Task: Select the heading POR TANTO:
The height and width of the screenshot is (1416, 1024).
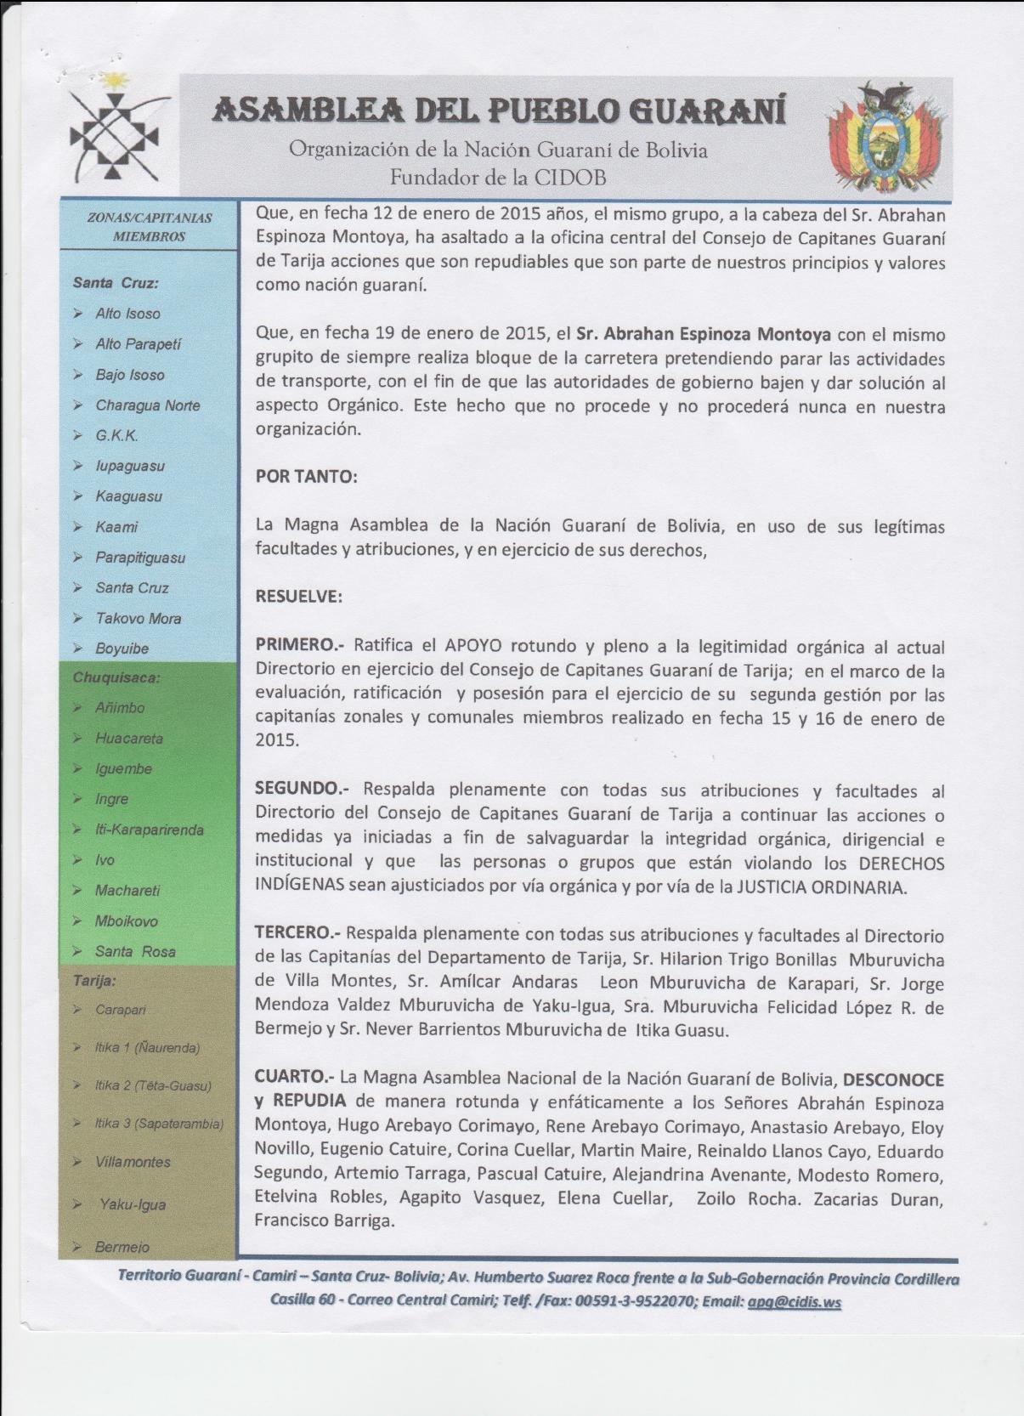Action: click(307, 477)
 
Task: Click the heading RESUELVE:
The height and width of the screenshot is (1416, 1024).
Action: click(299, 597)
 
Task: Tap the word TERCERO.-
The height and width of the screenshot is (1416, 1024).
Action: click(297, 932)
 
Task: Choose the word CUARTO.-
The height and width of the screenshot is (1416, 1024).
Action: click(294, 1077)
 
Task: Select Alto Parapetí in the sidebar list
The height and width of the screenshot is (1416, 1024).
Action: click(138, 344)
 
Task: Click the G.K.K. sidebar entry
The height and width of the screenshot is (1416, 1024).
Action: click(116, 436)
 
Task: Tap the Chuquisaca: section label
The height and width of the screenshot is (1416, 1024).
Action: click(116, 678)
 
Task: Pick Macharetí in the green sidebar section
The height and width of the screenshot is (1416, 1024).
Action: click(127, 891)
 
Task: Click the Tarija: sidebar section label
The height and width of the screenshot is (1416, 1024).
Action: click(94, 981)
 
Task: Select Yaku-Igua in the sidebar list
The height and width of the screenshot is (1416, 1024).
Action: click(133, 1204)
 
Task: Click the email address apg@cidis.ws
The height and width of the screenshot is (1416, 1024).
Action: click(794, 1302)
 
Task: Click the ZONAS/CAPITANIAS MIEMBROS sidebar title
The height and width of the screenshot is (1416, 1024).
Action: click(149, 227)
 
